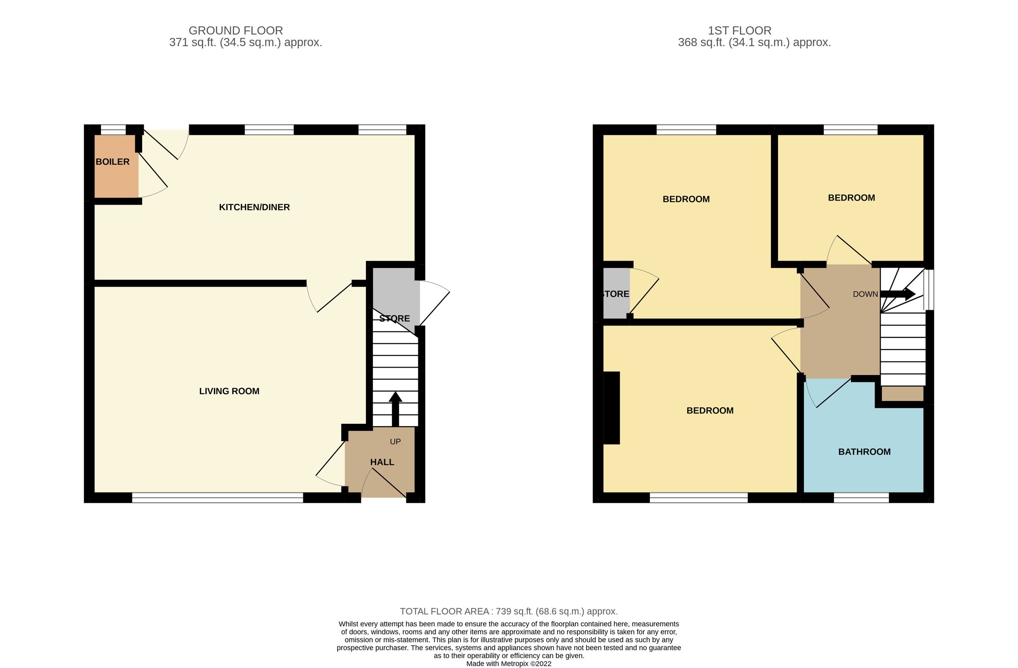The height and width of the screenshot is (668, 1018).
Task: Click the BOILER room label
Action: (112, 161)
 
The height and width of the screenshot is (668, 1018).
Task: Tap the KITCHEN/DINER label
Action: (254, 207)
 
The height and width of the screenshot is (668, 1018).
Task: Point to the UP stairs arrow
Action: (395, 408)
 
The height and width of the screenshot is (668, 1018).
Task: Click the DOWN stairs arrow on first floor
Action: (898, 294)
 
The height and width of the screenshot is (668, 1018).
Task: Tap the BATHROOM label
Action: (864, 452)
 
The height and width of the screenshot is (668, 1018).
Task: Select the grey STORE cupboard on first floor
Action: (616, 303)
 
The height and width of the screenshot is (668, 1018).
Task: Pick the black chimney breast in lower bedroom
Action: (611, 408)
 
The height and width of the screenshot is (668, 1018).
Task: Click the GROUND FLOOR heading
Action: (235, 31)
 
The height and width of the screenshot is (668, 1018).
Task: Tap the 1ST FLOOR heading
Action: (739, 31)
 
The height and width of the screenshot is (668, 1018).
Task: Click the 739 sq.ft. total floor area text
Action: (508, 611)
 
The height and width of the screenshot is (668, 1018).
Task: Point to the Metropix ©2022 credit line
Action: (508, 664)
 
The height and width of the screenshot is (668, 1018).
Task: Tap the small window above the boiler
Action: (113, 130)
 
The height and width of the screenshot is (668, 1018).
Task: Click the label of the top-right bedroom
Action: (851, 198)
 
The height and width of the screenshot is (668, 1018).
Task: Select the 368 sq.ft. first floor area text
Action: (754, 43)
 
